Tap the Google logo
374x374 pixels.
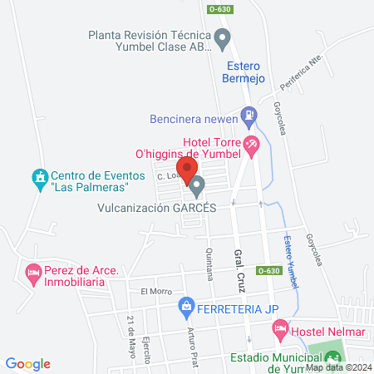(x=28, y=364)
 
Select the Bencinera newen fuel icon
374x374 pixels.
(x=247, y=116)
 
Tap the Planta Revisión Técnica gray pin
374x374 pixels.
(x=222, y=38)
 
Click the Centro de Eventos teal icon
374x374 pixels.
(x=37, y=178)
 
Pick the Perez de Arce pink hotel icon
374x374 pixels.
(x=33, y=272)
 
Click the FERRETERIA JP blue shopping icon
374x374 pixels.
(x=186, y=310)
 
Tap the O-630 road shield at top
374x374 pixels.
(x=220, y=9)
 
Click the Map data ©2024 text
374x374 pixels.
(x=337, y=367)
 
